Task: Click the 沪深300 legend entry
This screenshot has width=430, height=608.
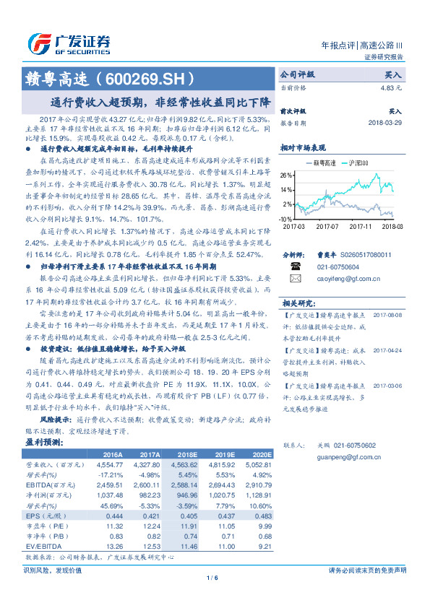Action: (358, 164)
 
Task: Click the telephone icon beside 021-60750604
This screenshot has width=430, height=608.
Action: (294, 266)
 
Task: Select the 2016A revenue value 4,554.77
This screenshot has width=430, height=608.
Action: (111, 466)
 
